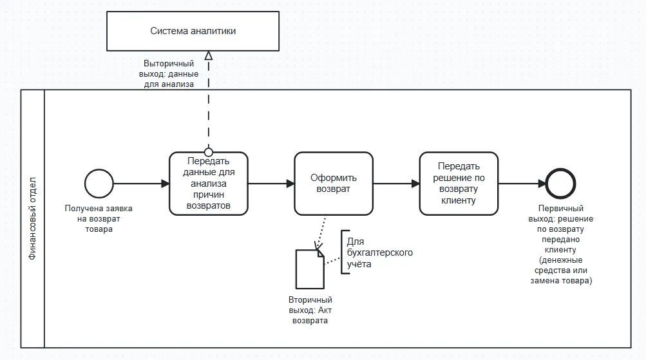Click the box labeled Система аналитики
(193, 31)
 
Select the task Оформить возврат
(334, 184)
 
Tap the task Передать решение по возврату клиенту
(459, 184)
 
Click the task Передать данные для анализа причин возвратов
(209, 184)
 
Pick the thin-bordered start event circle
(99, 184)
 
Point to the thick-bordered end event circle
(560, 184)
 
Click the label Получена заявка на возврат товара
(98, 219)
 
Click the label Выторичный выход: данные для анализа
(169, 74)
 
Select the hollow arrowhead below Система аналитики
(208, 56)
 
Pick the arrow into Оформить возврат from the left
(271, 184)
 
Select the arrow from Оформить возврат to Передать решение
(396, 184)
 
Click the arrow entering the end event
(521, 184)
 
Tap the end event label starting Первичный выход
(560, 245)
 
